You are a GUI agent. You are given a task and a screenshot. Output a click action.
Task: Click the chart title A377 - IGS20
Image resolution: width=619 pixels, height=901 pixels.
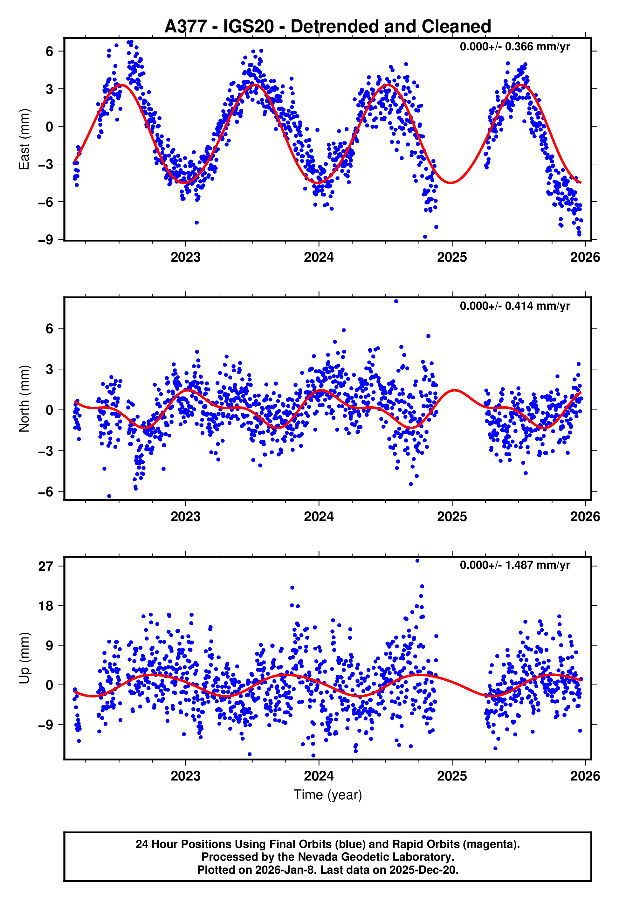point(327,26)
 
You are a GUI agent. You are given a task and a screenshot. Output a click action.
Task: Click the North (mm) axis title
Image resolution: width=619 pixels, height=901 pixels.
point(24,398)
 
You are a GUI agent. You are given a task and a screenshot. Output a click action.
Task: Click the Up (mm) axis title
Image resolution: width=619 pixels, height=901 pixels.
point(24,658)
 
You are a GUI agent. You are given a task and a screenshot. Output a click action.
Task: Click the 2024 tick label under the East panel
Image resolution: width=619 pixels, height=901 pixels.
point(319,257)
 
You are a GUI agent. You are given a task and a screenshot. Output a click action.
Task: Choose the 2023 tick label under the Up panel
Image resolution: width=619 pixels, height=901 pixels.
point(185,776)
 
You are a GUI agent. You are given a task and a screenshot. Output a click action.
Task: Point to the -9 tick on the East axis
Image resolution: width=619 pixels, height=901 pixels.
point(45,240)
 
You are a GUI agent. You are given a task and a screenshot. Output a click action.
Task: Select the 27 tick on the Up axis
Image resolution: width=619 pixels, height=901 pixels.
point(45,567)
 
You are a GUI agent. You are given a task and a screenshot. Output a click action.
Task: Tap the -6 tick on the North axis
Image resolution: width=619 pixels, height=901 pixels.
point(45,492)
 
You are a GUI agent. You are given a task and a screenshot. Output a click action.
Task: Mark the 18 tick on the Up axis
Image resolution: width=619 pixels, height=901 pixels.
point(45,606)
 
